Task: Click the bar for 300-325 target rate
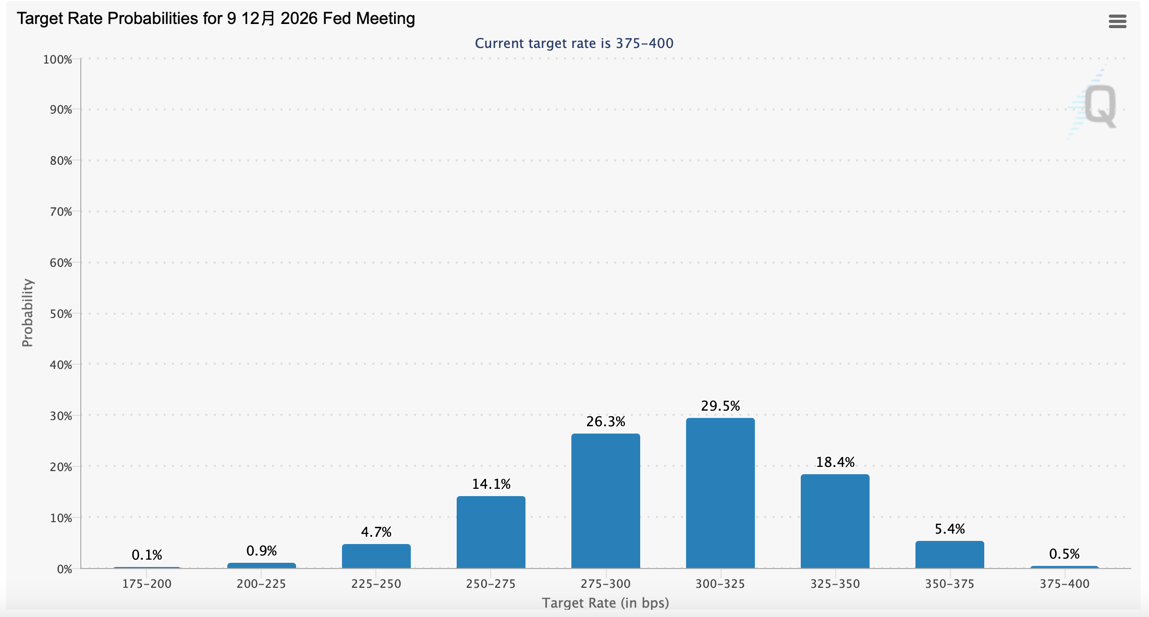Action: [720, 493]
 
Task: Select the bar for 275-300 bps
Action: [605, 501]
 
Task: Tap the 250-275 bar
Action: [491, 532]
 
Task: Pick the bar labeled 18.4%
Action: [835, 521]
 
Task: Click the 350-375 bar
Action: [949, 554]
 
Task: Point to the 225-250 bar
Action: [376, 556]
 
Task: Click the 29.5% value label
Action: [720, 406]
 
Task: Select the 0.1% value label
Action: [146, 555]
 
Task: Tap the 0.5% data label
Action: [1064, 554]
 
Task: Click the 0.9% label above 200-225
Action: [261, 551]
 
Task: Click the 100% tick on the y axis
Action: [57, 59]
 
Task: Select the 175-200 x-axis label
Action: [146, 584]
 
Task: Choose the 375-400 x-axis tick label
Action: [1064, 584]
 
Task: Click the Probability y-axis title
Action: [27, 313]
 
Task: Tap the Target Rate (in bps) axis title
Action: [605, 603]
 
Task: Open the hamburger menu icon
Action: [1117, 21]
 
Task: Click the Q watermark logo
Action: [1099, 106]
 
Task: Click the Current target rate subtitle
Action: [574, 43]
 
